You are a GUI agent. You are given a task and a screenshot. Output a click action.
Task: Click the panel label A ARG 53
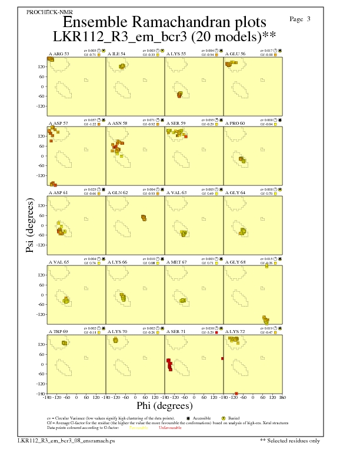click(58, 54)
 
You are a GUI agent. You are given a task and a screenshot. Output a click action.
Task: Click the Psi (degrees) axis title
click(30, 227)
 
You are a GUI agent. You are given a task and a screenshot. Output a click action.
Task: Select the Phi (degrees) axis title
click(164, 406)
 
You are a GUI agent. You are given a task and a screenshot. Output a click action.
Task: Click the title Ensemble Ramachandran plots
click(165, 23)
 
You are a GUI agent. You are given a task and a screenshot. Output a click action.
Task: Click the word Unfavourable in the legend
click(171, 427)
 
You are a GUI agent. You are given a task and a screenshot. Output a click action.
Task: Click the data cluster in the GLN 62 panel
click(144, 218)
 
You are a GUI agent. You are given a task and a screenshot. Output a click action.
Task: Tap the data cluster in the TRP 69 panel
click(65, 342)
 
